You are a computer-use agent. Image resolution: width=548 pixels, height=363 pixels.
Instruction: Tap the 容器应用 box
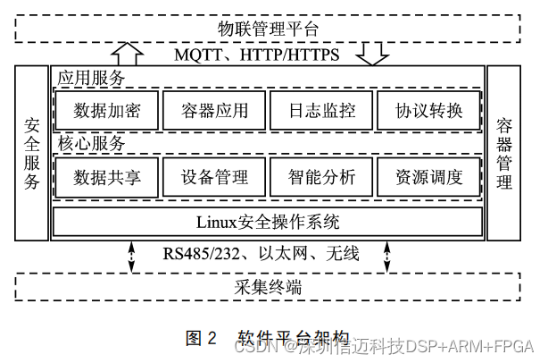214,112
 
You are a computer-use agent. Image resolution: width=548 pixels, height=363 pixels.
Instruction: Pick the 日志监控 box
322,112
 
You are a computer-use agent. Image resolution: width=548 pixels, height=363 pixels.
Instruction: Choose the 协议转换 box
429,112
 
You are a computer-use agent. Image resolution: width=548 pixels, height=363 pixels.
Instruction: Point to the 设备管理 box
214,176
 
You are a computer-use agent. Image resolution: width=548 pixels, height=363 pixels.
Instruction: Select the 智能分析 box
322,176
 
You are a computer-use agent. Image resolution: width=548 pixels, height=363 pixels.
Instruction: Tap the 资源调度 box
429,176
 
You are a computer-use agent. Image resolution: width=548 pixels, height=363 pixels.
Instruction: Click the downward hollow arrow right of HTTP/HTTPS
371,55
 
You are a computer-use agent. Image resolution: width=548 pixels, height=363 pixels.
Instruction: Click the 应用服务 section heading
91,78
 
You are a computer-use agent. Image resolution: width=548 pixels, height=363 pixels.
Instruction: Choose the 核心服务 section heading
91,143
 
